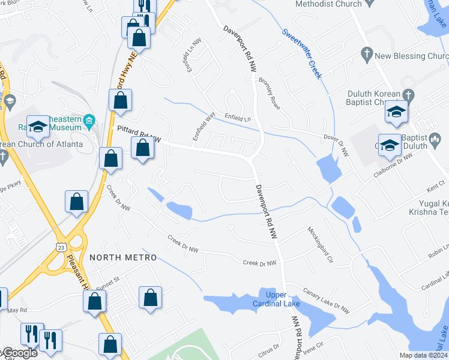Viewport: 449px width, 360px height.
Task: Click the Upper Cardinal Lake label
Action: click(283, 298)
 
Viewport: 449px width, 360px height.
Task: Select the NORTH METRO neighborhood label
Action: click(123, 257)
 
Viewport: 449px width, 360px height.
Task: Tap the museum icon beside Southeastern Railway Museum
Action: click(89, 121)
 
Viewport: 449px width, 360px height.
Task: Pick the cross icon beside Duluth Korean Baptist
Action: click(409, 95)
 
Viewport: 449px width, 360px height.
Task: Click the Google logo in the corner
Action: click(19, 353)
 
